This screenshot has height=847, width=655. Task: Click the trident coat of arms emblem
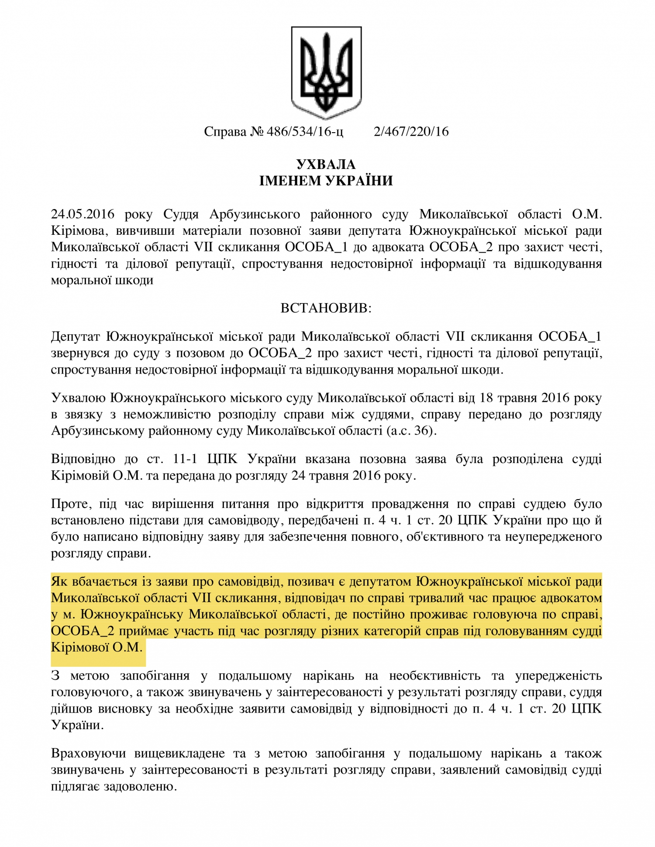pyautogui.click(x=326, y=72)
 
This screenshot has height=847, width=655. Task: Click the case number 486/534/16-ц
pyautogui.click(x=305, y=132)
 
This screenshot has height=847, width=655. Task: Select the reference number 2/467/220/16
pyautogui.click(x=411, y=132)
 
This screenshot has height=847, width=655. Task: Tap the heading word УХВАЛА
pyautogui.click(x=326, y=165)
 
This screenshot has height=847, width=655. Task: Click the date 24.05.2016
pyautogui.click(x=83, y=214)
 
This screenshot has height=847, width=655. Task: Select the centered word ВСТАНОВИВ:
pyautogui.click(x=326, y=309)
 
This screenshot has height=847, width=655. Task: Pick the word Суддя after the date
pyautogui.click(x=181, y=214)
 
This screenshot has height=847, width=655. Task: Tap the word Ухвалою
pyautogui.click(x=78, y=398)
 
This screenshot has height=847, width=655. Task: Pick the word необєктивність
pyautogui.click(x=434, y=676)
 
